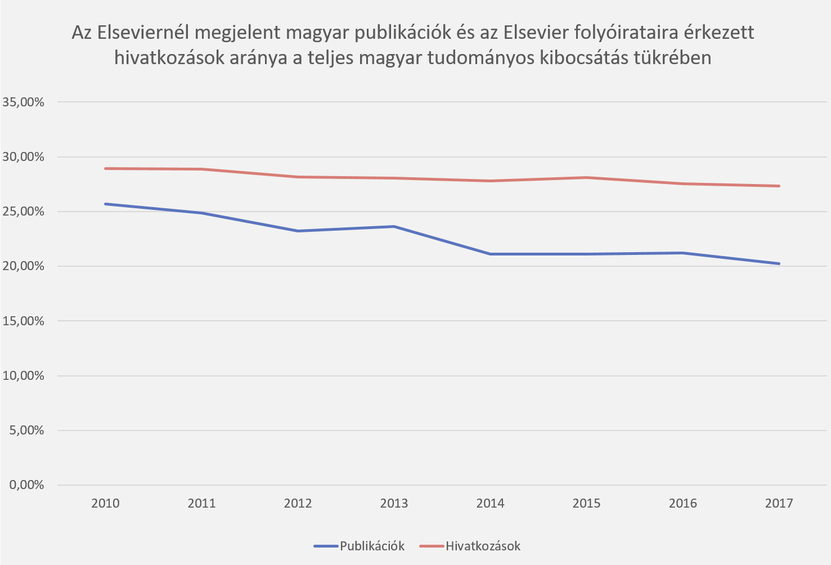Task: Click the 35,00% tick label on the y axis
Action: click(x=24, y=102)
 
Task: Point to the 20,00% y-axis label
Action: click(x=24, y=266)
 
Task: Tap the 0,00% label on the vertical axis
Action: click(x=26, y=485)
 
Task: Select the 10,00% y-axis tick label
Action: click(x=24, y=375)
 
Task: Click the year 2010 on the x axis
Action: click(x=105, y=503)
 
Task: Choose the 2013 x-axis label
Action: click(x=394, y=503)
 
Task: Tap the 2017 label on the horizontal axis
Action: click(x=779, y=503)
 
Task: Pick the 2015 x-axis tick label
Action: click(x=586, y=503)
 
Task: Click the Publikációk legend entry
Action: click(x=372, y=546)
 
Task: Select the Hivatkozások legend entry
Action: click(x=483, y=546)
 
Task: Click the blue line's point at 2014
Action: click(x=490, y=254)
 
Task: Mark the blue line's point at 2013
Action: click(x=394, y=226)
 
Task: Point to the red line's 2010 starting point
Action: click(x=105, y=168)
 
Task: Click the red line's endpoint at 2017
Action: click(x=779, y=186)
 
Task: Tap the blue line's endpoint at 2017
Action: click(x=779, y=263)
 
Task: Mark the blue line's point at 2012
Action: click(x=298, y=231)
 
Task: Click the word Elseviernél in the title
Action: click(x=142, y=33)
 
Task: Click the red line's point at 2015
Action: click(x=586, y=177)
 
